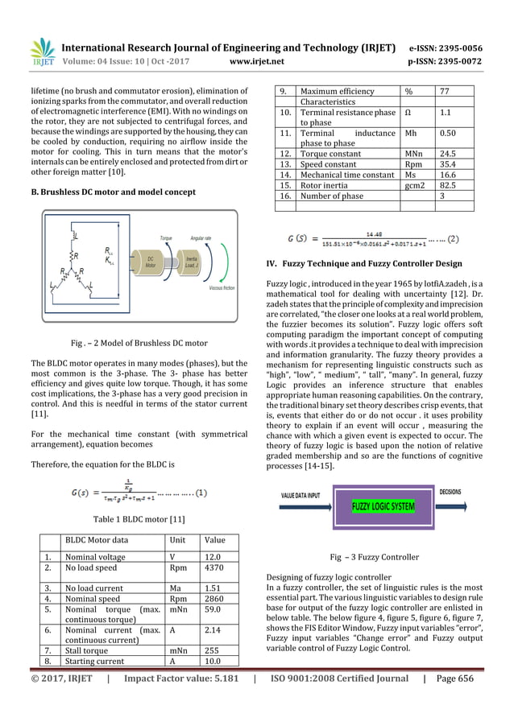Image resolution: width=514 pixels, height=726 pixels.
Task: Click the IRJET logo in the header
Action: click(40, 54)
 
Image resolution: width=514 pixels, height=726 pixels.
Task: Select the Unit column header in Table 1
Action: click(176, 541)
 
